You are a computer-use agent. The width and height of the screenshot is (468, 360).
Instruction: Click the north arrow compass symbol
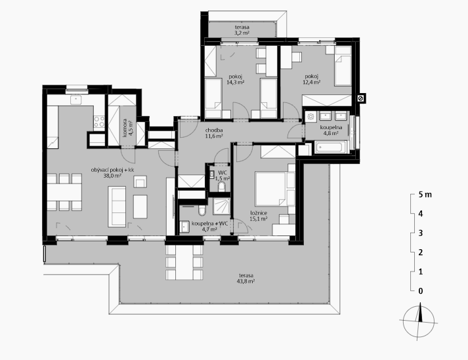point(419,321)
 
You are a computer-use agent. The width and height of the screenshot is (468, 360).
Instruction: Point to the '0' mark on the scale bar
point(421,291)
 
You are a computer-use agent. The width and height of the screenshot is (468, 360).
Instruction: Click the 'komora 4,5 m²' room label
point(127,129)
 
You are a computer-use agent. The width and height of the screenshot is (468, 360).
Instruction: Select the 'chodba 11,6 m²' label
point(214,133)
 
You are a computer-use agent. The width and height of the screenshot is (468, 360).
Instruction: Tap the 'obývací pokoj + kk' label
point(112,170)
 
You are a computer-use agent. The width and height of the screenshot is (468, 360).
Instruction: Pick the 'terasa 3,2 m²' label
point(242,30)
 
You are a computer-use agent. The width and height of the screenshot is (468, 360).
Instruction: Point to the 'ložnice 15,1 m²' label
point(259,216)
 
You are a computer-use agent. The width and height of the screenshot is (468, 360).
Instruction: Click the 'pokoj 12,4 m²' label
point(312,79)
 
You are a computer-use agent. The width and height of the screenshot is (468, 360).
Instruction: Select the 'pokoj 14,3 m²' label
point(236,79)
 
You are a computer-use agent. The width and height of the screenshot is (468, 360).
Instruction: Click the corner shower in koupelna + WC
point(222,207)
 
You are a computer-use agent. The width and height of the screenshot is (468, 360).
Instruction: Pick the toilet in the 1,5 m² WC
point(222,187)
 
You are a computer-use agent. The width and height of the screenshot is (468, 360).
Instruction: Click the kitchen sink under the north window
point(76,100)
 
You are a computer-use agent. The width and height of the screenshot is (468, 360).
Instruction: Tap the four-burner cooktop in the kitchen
point(99,122)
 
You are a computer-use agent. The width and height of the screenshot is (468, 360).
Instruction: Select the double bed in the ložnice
point(271,188)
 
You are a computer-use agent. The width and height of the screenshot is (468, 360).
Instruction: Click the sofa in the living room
point(117,207)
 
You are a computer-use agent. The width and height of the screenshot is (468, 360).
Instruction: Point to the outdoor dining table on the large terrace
point(184,262)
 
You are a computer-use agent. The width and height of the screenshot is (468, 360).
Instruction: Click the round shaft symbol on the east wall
point(360,98)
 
